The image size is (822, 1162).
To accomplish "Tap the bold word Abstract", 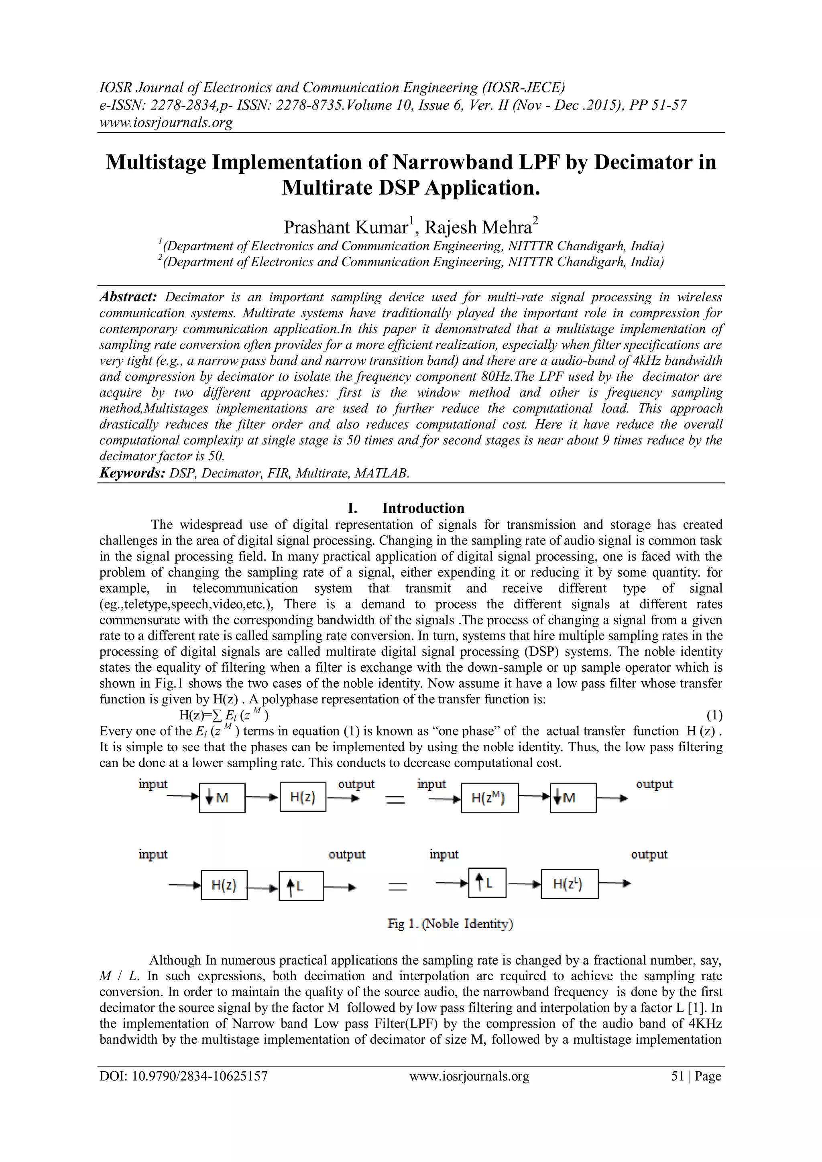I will point(128,297).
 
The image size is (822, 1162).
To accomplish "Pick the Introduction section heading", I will point(423,508).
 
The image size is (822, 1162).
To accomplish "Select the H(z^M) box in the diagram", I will point(489,798).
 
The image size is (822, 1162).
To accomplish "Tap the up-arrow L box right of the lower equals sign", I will point(487,884).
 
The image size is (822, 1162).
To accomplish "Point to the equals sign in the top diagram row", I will point(396,800).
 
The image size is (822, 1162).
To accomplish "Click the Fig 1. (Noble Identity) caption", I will point(450,924).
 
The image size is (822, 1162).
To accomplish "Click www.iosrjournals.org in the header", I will point(166,122).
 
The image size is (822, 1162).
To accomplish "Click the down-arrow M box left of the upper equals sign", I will point(222,798).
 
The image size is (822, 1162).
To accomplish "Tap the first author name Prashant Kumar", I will point(345,227).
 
